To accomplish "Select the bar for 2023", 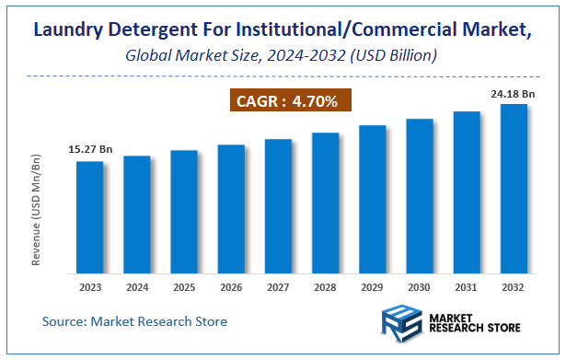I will pos(90,217).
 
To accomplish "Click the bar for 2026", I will pos(231,209).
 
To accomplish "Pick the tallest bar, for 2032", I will pos(514,189).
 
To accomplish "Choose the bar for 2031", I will pos(467,192).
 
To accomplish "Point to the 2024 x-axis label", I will pos(137,287).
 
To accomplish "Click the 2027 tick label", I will pos(278,287).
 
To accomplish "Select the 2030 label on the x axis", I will pos(420,287).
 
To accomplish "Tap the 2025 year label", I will pos(184,287).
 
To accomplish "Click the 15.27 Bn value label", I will pos(90,149).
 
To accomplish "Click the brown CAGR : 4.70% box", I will pos(290,99).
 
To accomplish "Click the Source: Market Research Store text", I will pos(134,321).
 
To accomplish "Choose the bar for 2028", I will pos(325,203).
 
